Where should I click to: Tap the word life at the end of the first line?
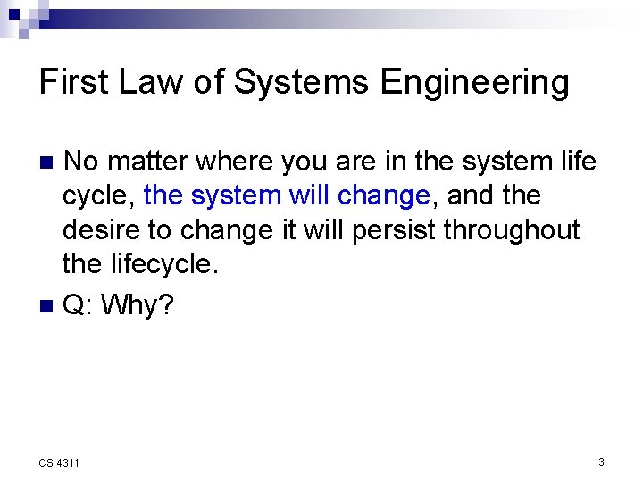click(x=578, y=162)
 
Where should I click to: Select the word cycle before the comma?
click(x=97, y=195)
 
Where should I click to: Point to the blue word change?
click(x=384, y=195)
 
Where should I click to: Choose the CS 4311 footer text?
click(x=59, y=462)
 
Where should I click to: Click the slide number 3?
click(x=601, y=461)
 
